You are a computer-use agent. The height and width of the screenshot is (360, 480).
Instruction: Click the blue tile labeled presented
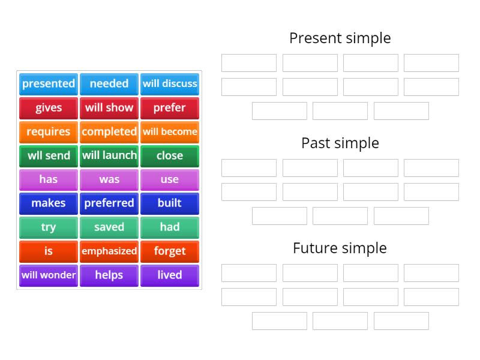tap(49, 84)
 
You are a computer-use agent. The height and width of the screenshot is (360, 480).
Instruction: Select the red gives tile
tap(49, 108)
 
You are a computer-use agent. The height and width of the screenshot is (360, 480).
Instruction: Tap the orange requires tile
tap(49, 132)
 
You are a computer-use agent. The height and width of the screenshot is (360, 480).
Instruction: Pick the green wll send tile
tap(49, 156)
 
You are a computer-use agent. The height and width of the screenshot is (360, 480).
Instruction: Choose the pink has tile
tap(49, 179)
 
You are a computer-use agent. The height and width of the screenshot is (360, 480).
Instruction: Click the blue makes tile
tap(49, 203)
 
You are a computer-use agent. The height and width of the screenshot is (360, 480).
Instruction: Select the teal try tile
tap(49, 227)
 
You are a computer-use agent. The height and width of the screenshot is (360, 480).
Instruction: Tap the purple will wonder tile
tap(49, 275)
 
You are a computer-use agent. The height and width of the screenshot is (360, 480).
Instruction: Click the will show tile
tap(109, 108)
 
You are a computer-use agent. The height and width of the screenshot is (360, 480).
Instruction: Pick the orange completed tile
tap(109, 132)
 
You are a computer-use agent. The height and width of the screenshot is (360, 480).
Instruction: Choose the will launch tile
tap(109, 156)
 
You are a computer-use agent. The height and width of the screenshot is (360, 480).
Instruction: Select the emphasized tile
tap(109, 251)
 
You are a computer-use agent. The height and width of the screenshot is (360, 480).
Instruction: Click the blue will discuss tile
tap(170, 84)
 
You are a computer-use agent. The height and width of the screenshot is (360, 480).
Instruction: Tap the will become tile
tap(170, 132)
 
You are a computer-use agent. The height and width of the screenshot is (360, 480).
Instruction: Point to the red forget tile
tap(170, 251)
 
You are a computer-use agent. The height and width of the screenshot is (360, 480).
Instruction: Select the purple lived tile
tap(170, 275)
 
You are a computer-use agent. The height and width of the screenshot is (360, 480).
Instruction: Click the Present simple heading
tap(340, 38)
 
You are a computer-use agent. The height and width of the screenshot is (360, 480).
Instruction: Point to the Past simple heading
tap(340, 143)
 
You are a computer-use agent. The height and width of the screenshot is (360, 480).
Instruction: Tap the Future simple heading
tap(340, 248)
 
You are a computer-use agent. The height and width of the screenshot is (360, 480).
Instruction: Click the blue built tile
tap(170, 203)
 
